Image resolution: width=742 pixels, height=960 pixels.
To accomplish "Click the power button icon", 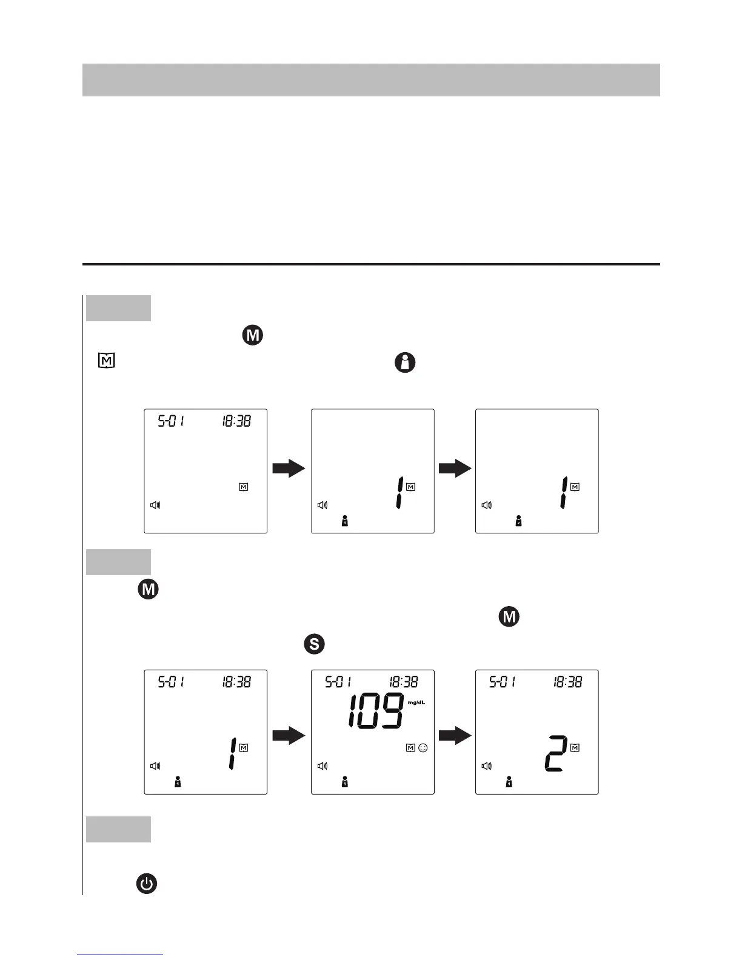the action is pos(146,884).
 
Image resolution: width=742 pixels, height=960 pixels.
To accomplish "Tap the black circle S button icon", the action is pos(314,644).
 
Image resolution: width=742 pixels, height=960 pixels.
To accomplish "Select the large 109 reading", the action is pos(376,710).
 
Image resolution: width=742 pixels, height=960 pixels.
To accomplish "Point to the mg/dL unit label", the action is pos(416,702).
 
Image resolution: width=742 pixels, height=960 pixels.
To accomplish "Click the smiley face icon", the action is pos(423,748).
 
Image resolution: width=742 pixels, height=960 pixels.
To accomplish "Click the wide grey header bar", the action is pos(371,79).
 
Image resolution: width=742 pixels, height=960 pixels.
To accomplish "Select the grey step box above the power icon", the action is pos(118,829).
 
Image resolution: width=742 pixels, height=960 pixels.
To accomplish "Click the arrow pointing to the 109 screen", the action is pos(289,736).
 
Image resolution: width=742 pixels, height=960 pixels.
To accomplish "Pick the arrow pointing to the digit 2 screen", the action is pos(455,736).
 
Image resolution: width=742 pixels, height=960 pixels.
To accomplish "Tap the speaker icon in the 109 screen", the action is pos(323,766).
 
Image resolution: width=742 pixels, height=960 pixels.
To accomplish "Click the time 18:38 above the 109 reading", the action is pos(403,682).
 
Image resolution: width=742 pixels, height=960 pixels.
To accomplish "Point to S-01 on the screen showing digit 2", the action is pos(503,682).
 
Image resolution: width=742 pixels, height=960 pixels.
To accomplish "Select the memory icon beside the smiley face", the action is pos(410,748).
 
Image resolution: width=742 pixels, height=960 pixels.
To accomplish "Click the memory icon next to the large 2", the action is pos(575,748).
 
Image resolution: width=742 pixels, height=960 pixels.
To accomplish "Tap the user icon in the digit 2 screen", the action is pos(509,783).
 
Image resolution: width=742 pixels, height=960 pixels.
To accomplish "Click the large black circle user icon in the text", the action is pos(405,363).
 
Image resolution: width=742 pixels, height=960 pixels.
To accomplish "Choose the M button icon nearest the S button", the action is pos(509,617).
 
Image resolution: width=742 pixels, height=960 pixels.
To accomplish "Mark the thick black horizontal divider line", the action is pos(371,264).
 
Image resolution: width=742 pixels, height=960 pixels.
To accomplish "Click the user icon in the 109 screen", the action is pos(344,783).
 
